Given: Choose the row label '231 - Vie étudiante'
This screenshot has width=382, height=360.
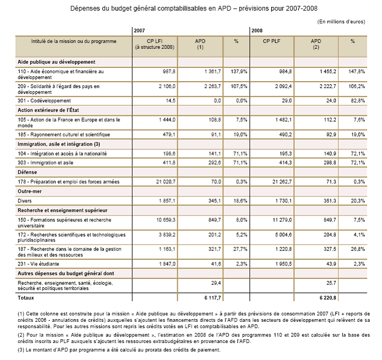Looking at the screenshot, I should click(38, 263).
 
